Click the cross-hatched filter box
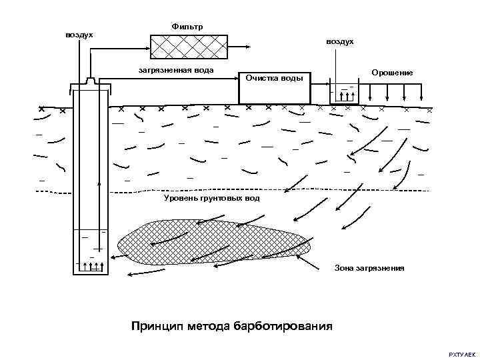[188, 46]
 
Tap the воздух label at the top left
[79, 34]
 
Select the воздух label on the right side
[340, 42]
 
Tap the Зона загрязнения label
[369, 268]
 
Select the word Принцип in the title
[155, 327]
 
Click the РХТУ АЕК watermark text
[462, 351]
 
